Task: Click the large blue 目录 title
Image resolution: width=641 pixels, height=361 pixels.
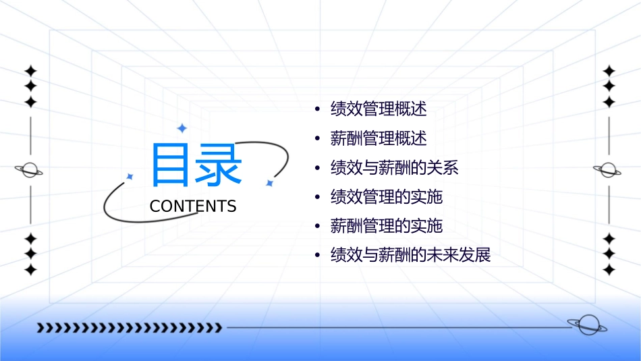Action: (x=196, y=165)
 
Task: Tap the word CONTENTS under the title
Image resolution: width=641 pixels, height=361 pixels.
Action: (x=193, y=206)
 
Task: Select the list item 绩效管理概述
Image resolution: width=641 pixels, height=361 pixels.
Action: (x=379, y=109)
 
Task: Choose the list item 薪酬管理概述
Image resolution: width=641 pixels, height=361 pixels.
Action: (x=379, y=138)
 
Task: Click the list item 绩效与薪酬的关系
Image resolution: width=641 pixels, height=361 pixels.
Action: (x=394, y=167)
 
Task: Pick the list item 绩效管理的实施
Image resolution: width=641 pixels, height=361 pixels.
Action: (x=386, y=196)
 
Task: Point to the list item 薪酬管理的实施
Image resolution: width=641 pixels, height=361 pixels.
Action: (x=386, y=225)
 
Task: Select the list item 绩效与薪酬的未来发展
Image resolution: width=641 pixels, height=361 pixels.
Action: (x=410, y=255)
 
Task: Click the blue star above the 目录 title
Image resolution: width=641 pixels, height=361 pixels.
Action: (x=181, y=128)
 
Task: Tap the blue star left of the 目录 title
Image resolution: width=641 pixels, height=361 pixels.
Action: (x=130, y=177)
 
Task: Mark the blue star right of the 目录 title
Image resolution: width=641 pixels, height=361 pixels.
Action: (x=269, y=183)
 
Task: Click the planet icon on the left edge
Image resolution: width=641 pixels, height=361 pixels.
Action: (x=30, y=170)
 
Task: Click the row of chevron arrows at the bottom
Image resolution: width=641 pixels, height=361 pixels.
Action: (x=129, y=328)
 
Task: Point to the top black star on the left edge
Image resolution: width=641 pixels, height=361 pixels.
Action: (x=30, y=71)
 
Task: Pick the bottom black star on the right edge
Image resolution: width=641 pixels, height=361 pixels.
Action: (x=609, y=270)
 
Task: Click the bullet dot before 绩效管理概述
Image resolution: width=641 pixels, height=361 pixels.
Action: (x=317, y=109)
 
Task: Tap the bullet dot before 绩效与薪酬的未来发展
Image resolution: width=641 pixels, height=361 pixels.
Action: (x=317, y=256)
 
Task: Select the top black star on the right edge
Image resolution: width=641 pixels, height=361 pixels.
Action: (x=609, y=71)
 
